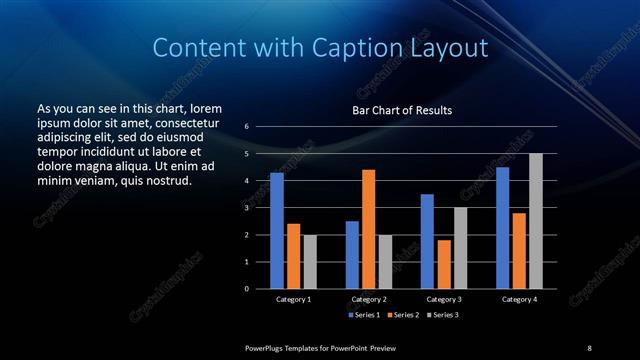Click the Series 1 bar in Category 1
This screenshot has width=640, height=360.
tap(277, 231)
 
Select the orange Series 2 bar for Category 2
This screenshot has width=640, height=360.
tap(368, 229)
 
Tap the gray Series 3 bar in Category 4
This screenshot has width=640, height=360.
tap(536, 221)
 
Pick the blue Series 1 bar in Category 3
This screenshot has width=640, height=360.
tap(427, 241)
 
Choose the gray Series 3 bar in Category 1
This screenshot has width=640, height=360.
tap(310, 262)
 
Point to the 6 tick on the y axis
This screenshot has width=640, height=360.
tap(246, 127)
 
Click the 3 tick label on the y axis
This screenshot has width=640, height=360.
tap(246, 208)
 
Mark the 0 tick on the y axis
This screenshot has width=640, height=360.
tap(246, 289)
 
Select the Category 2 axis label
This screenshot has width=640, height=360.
tap(369, 299)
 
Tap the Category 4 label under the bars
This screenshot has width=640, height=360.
tap(519, 299)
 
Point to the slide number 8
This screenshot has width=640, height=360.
tap(589, 348)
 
